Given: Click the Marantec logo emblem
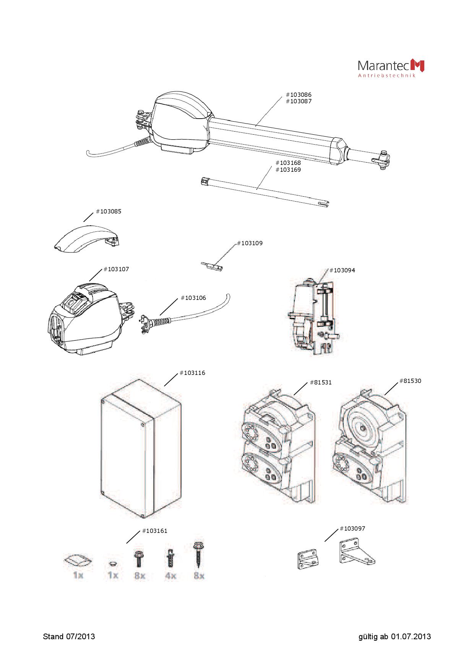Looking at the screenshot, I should pyautogui.click(x=417, y=65).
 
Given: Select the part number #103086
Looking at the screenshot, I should pyautogui.click(x=299, y=94).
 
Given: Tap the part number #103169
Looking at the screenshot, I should pyautogui.click(x=288, y=170).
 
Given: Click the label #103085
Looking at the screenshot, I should pyautogui.click(x=109, y=211).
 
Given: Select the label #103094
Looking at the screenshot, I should pyautogui.click(x=342, y=270).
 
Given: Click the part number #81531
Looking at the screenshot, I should pyautogui.click(x=320, y=382).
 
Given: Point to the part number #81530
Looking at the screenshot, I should pyautogui.click(x=410, y=381).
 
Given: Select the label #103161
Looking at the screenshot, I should pyautogui.click(x=154, y=531).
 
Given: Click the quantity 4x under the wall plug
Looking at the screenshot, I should pyautogui.click(x=170, y=576).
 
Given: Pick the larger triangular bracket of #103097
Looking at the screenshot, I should pyautogui.click(x=355, y=552).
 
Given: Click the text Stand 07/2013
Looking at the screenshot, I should pyautogui.click(x=69, y=637).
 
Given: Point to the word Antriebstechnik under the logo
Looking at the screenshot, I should pyautogui.click(x=386, y=75).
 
